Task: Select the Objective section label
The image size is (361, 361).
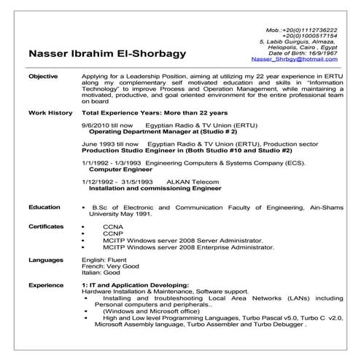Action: (42, 76)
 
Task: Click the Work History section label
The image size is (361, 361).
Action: (50, 113)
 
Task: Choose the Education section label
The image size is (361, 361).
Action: (44, 207)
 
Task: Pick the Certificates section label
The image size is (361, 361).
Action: (47, 227)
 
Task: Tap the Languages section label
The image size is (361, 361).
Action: (46, 260)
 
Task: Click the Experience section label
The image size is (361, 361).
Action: (46, 285)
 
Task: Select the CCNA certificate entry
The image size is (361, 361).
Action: (113, 228)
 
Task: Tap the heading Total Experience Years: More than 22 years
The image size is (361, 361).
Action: (155, 113)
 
